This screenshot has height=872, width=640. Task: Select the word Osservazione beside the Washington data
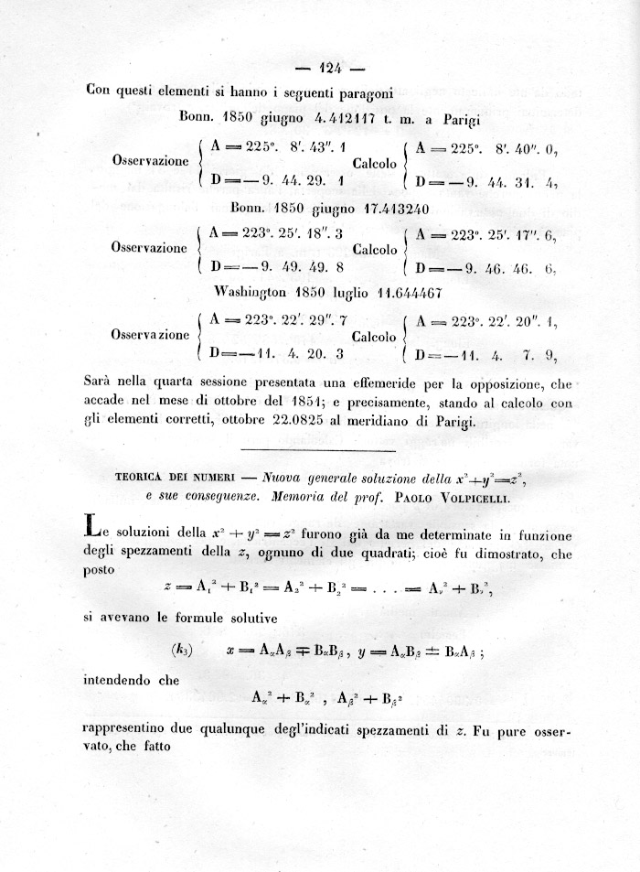[150, 335]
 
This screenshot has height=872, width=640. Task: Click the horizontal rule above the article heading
[317, 450]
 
